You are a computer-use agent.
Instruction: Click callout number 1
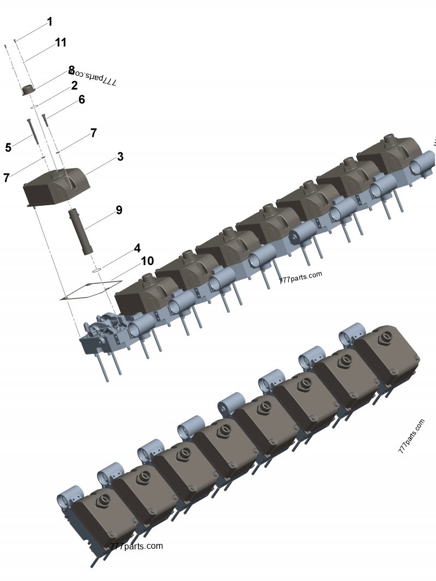(x=50, y=22)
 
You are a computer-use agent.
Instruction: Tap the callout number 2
(x=74, y=85)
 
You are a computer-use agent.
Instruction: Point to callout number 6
(x=82, y=99)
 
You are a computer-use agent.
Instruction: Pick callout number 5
(x=8, y=147)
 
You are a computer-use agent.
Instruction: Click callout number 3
(x=120, y=157)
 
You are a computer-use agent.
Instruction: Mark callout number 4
(x=137, y=248)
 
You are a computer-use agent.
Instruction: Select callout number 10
(x=147, y=261)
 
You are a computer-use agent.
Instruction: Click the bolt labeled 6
(x=45, y=121)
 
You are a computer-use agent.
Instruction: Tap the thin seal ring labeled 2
(x=34, y=107)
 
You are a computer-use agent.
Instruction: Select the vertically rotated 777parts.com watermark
(x=411, y=436)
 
